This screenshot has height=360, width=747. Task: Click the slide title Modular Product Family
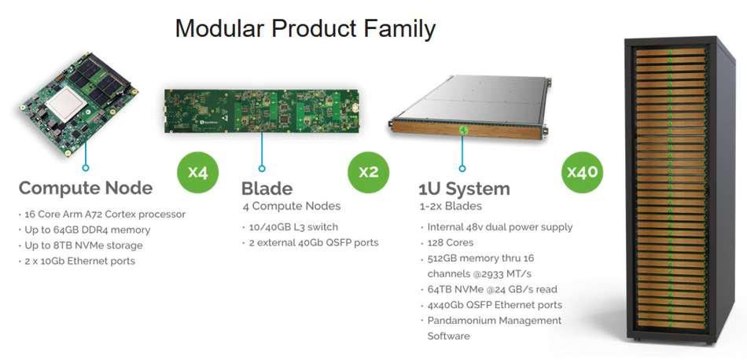(305, 29)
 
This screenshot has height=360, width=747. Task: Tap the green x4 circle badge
(197, 172)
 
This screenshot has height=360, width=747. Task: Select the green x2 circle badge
(368, 172)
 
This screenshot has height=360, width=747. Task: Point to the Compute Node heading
(85, 188)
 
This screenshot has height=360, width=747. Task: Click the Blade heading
(267, 189)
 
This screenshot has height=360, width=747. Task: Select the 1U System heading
(465, 189)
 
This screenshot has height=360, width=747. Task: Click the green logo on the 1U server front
(465, 131)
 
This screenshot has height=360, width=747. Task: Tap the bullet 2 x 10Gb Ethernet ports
(79, 261)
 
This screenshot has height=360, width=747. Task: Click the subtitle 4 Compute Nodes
(292, 206)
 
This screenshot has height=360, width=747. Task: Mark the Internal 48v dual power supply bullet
(499, 226)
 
